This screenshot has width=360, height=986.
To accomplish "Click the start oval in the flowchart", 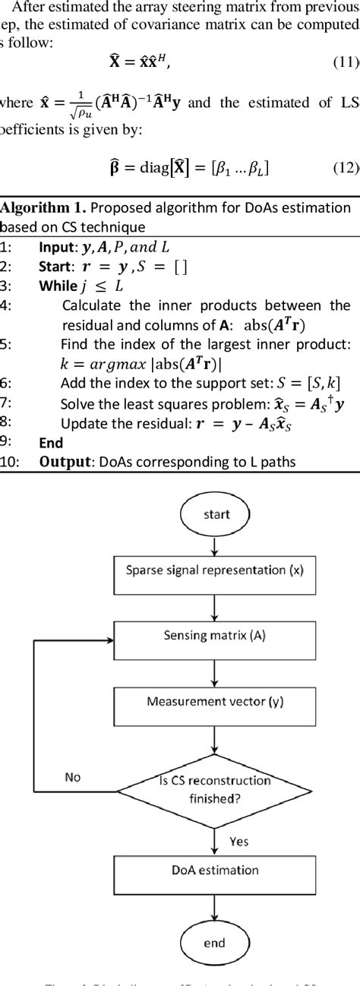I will click(216, 514).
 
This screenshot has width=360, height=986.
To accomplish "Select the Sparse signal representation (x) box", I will click(216, 569).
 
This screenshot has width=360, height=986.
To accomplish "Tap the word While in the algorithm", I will click(58, 286).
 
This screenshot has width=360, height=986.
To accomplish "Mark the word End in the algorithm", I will click(51, 442).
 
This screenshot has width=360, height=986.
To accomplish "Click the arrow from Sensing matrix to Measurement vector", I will click(216, 668).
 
